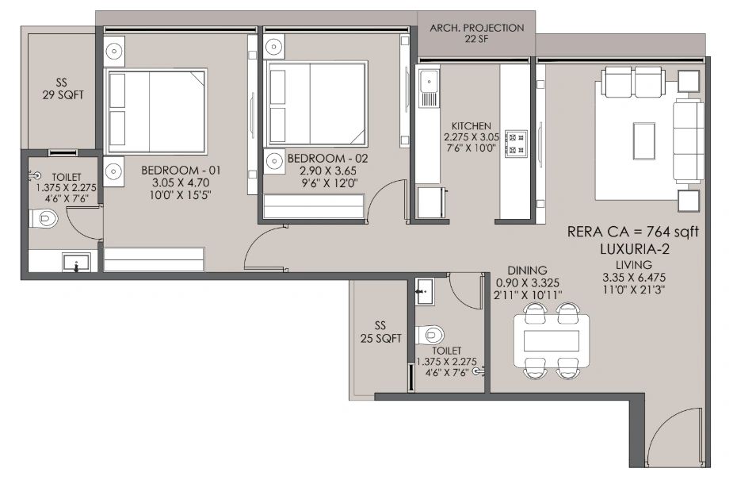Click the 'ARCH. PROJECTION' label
click(x=476, y=28)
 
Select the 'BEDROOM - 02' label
click(x=317, y=159)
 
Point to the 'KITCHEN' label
click(x=472, y=126)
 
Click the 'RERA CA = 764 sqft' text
click(x=635, y=232)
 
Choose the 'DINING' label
click(x=527, y=271)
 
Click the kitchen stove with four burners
click(x=516, y=143)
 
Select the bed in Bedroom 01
click(x=156, y=110)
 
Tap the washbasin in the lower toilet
click(x=422, y=290)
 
